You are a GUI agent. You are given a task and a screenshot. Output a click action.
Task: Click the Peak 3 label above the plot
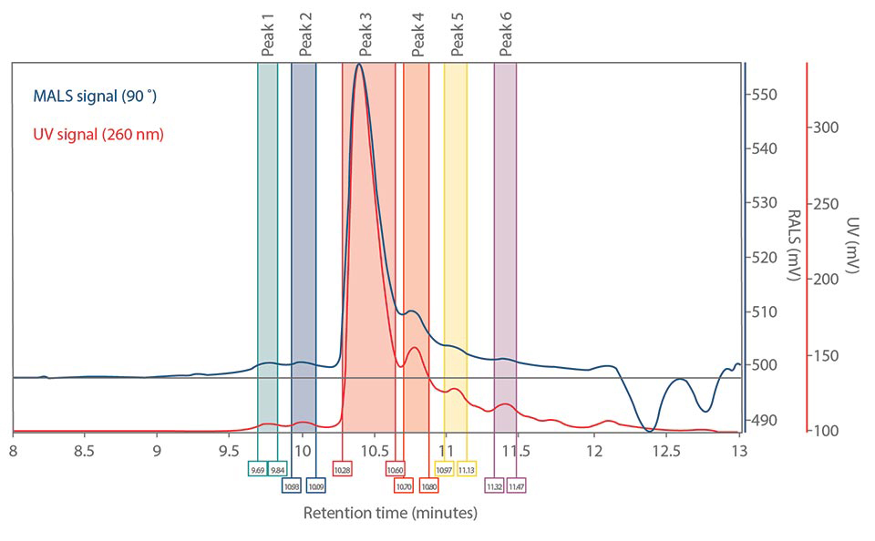tap(365, 35)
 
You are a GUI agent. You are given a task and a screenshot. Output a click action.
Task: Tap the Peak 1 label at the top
tap(267, 35)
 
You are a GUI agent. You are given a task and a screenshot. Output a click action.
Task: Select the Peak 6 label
tap(506, 35)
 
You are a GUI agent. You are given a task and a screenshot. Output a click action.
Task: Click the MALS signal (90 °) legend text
tap(101, 95)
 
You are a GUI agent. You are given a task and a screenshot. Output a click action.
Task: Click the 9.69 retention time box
tap(257, 469)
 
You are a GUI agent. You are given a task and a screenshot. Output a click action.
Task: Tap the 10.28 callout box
tap(342, 469)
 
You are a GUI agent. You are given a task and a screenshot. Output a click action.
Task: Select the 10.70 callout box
tap(404, 485)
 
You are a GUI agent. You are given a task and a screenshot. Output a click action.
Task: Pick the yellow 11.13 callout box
tap(466, 469)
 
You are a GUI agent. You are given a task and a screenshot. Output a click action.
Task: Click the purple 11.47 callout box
tap(516, 485)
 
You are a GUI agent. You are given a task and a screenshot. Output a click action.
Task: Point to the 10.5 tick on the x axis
tap(374, 450)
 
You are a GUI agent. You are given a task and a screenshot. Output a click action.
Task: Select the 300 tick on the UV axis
tap(826, 128)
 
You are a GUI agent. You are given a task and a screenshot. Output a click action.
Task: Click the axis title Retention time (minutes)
tap(389, 514)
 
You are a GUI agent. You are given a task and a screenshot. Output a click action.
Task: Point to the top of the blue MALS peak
tap(359, 64)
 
